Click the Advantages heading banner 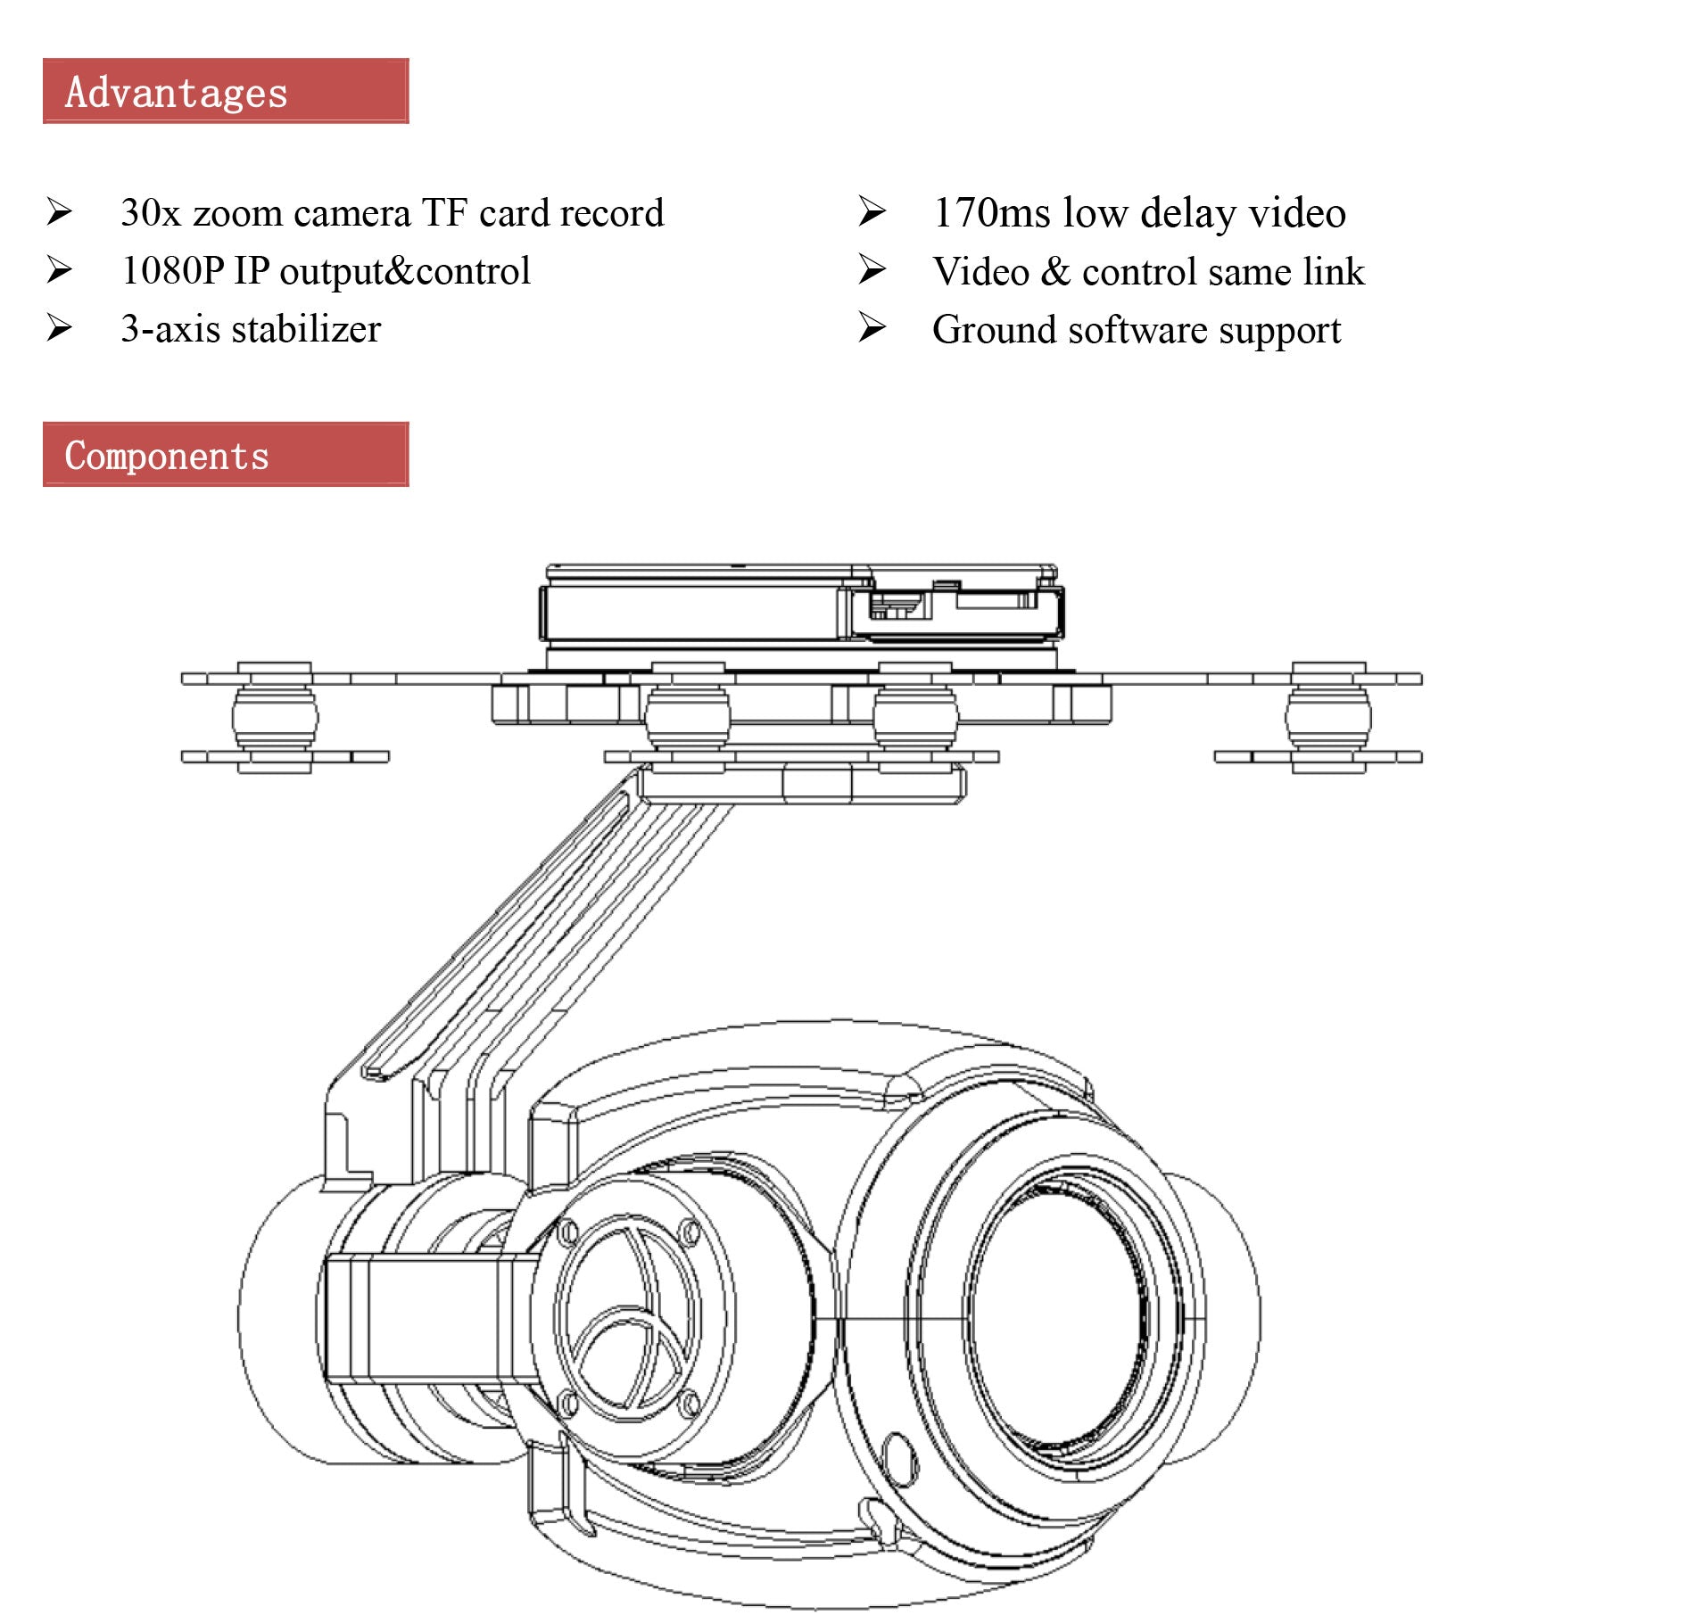(225, 91)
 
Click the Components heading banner (225, 455)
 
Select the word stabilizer (306, 329)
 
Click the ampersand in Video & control (1055, 271)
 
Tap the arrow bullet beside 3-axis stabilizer (59, 328)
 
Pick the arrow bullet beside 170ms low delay (872, 211)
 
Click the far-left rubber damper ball (275, 716)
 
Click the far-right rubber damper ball (1327, 716)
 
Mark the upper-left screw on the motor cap (567, 1234)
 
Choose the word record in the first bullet (611, 213)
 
